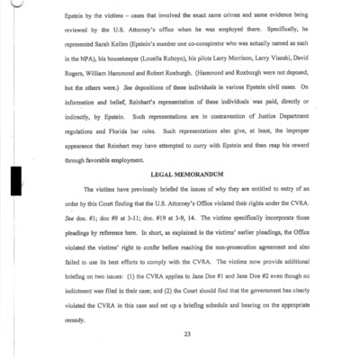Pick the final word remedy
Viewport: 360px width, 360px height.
78,317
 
